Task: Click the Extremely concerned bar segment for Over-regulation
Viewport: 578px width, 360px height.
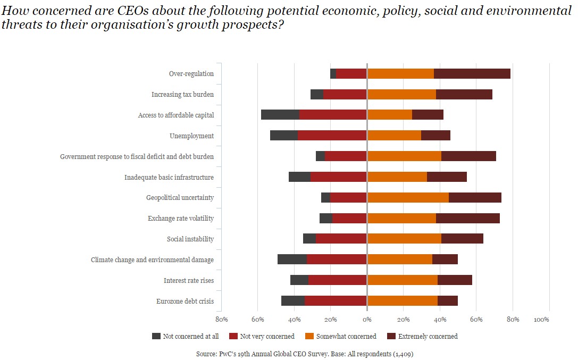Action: click(472, 74)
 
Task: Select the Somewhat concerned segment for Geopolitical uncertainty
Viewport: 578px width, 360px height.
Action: click(408, 198)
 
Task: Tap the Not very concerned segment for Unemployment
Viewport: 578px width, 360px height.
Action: click(332, 136)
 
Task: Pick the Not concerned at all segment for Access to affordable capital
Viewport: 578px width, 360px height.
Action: click(280, 115)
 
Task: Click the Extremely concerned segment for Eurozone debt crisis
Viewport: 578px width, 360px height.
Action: click(448, 301)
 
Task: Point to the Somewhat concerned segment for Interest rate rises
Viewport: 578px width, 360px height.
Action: click(403, 280)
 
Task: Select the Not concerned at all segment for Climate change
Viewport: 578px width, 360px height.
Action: click(292, 259)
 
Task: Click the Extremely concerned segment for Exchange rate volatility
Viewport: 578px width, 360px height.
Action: click(468, 219)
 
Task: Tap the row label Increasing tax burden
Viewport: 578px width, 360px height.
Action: click(182, 95)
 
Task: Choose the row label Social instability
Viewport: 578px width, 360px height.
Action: click(190, 239)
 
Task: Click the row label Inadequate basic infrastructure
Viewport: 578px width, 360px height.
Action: click(169, 177)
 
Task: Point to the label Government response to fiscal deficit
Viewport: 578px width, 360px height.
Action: click(137, 157)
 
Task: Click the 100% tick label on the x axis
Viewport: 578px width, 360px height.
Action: click(541, 320)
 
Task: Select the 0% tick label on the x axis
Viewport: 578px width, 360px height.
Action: click(367, 320)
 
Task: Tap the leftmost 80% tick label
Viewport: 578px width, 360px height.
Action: click(221, 320)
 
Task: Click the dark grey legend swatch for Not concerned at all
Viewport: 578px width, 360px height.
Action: click(156, 336)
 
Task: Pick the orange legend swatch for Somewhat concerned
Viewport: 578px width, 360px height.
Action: click(309, 336)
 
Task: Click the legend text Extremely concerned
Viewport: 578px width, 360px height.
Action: click(428, 336)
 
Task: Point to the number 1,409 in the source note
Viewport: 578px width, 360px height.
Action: click(404, 353)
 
